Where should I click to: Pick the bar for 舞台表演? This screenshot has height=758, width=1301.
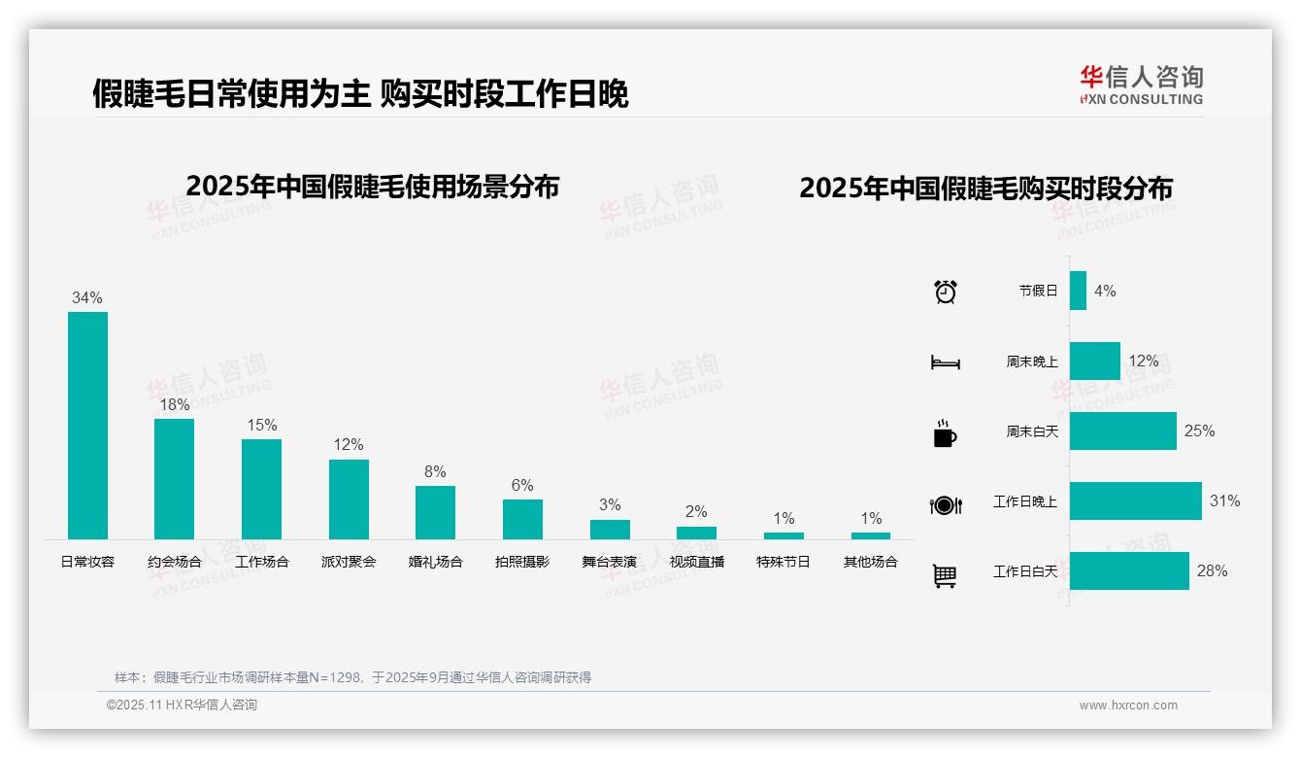tap(610, 529)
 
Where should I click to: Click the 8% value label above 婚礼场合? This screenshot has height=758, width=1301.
tap(435, 472)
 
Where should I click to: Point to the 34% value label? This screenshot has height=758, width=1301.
tap(87, 298)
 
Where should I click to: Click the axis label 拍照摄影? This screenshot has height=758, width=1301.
tap(522, 562)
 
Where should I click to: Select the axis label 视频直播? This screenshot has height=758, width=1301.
tap(696, 562)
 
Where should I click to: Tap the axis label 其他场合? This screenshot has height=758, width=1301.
tap(871, 562)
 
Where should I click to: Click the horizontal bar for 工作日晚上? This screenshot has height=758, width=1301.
tap(1135, 501)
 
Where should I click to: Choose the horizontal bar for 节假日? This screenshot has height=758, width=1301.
tap(1078, 291)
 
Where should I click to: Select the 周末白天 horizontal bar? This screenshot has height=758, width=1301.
tap(1122, 431)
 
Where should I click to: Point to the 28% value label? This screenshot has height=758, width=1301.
tap(1212, 571)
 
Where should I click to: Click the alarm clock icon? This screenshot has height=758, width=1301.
tap(946, 292)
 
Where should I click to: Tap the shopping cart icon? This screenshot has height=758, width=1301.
tap(945, 575)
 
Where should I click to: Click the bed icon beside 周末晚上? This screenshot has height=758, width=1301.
tap(945, 362)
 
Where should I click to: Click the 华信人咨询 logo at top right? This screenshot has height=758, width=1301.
tap(1141, 85)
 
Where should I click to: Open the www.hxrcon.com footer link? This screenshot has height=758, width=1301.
tap(1128, 706)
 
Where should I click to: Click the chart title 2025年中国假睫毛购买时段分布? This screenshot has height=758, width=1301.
tap(985, 188)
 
